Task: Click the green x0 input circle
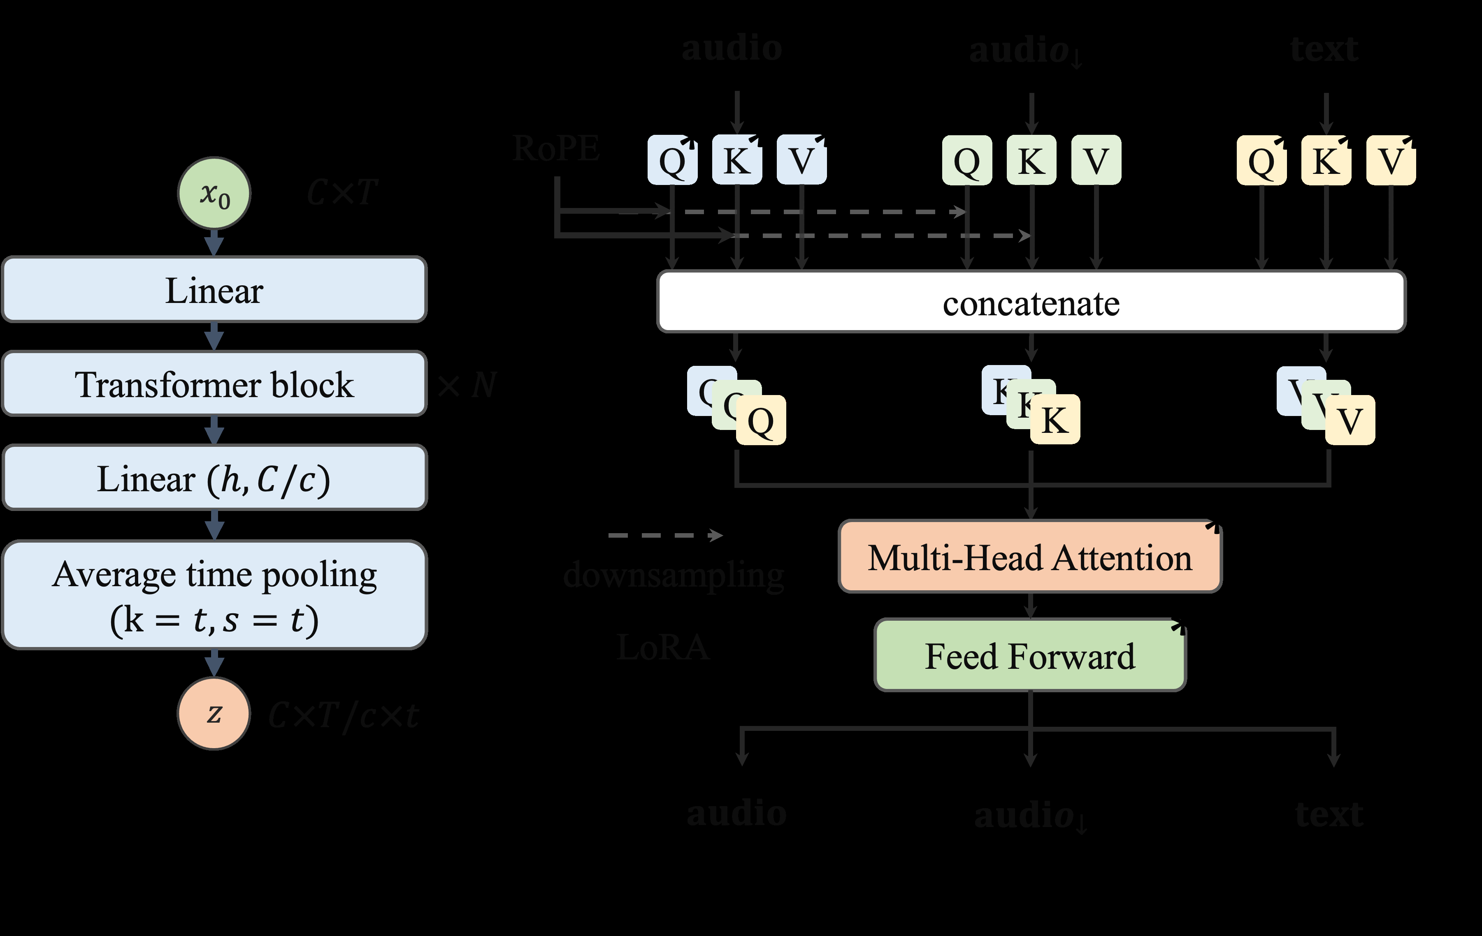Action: pyautogui.click(x=214, y=194)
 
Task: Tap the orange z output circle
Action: pyautogui.click(x=214, y=713)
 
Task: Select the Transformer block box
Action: pyautogui.click(x=214, y=384)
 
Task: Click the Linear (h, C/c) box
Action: pyautogui.click(x=214, y=478)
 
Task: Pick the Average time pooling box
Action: pyautogui.click(x=214, y=595)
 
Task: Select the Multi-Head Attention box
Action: pyautogui.click(x=1030, y=557)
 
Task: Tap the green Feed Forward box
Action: pyautogui.click(x=1030, y=656)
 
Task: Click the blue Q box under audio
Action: pyautogui.click(x=672, y=160)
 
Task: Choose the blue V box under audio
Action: pyautogui.click(x=801, y=160)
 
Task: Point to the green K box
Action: pyautogui.click(x=1031, y=160)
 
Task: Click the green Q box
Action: pyautogui.click(x=967, y=160)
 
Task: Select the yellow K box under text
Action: pyautogui.click(x=1326, y=160)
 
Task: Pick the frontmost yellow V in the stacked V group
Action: pyautogui.click(x=1350, y=421)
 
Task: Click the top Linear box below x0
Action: pyautogui.click(x=214, y=290)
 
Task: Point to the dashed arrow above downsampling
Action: pyautogui.click(x=665, y=535)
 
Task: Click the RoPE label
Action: pyautogui.click(x=556, y=148)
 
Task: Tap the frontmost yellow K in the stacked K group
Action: pyautogui.click(x=1055, y=421)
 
